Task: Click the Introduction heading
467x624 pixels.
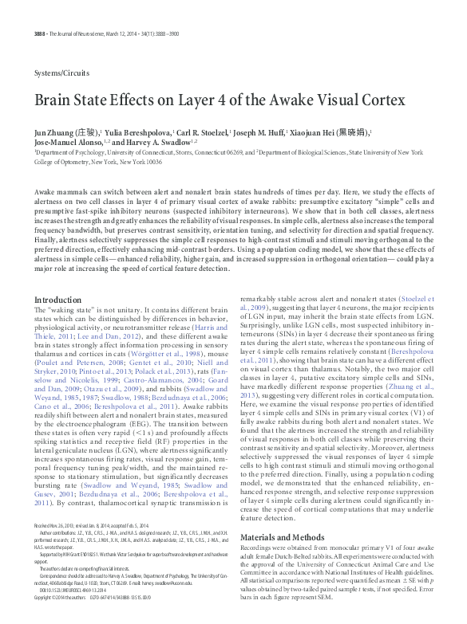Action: (x=57, y=300)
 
